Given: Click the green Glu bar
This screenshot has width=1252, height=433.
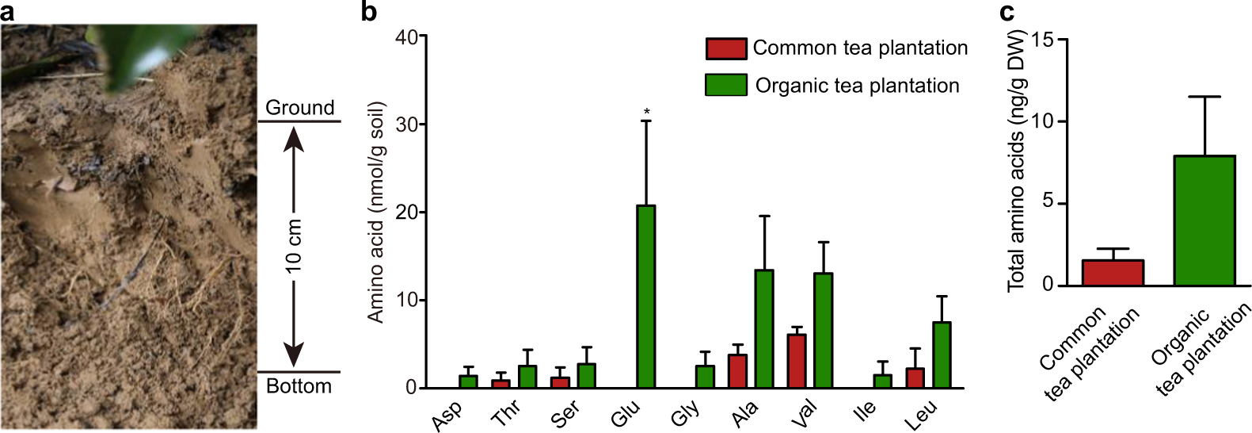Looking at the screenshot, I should click(x=646, y=297).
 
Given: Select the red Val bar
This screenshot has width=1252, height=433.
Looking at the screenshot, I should click(x=797, y=361).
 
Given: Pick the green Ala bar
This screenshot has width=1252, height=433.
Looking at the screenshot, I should click(x=764, y=329).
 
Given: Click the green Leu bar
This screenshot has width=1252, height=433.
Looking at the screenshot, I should click(x=942, y=354).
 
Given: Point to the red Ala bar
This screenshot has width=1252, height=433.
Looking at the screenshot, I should click(x=737, y=371).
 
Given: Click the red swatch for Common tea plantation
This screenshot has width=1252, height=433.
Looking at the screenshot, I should click(x=725, y=48).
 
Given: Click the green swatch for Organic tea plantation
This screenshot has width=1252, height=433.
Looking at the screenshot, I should click(x=725, y=86).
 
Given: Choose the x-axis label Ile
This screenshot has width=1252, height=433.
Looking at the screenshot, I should click(x=865, y=409).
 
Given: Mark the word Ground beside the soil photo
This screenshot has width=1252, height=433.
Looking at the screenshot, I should click(x=299, y=108).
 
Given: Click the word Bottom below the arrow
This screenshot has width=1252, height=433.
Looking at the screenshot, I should click(x=299, y=386).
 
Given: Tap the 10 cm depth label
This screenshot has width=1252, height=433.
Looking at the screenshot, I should click(x=294, y=246).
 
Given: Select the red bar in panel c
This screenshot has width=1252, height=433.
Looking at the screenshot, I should click(x=1113, y=273).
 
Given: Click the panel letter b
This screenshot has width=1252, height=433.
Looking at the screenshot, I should click(x=369, y=12).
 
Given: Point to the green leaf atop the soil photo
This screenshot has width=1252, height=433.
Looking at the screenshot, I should click(x=127, y=52).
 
